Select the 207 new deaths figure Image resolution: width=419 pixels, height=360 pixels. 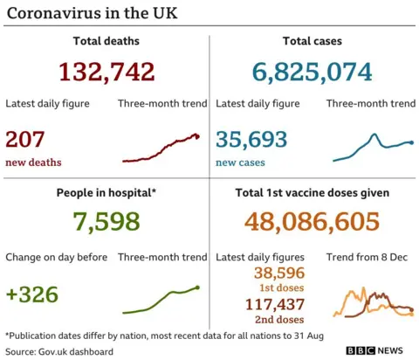(x=25, y=139)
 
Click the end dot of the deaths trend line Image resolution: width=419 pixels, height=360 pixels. (x=198, y=135)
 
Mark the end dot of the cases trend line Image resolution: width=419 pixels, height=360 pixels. (x=410, y=142)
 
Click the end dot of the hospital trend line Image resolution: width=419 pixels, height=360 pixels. (x=198, y=287)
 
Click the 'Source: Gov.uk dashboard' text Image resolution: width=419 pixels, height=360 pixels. (x=59, y=351)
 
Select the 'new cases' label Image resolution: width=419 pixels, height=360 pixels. (x=240, y=163)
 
